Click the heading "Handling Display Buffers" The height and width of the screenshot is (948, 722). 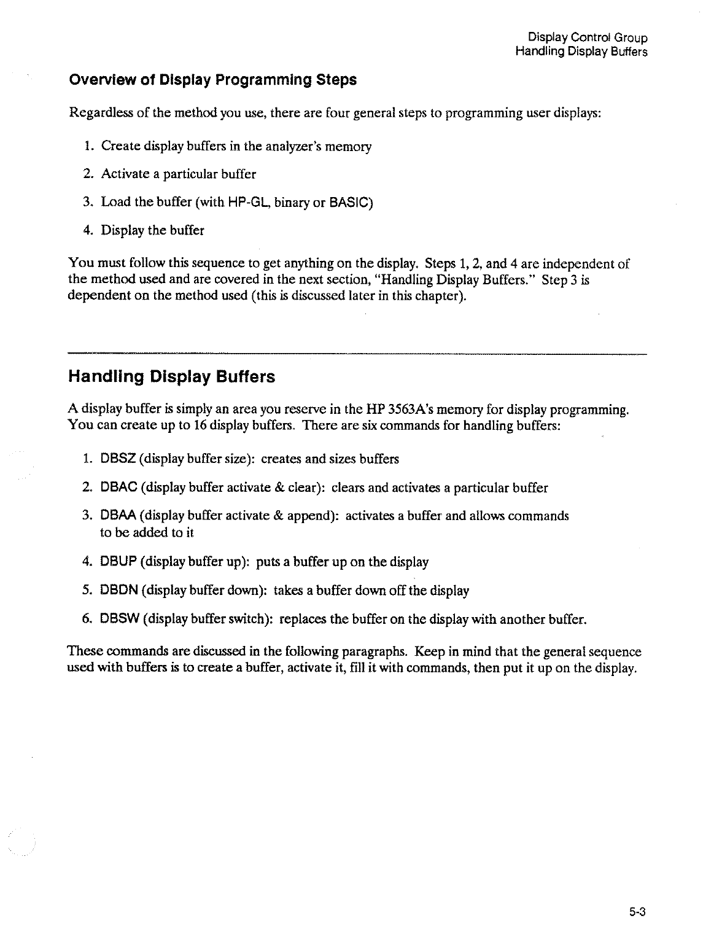pos(171,376)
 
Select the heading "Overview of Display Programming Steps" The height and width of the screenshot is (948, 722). pos(212,80)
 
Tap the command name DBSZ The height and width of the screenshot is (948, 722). pos(114,459)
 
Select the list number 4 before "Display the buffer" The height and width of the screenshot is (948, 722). pos(87,231)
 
